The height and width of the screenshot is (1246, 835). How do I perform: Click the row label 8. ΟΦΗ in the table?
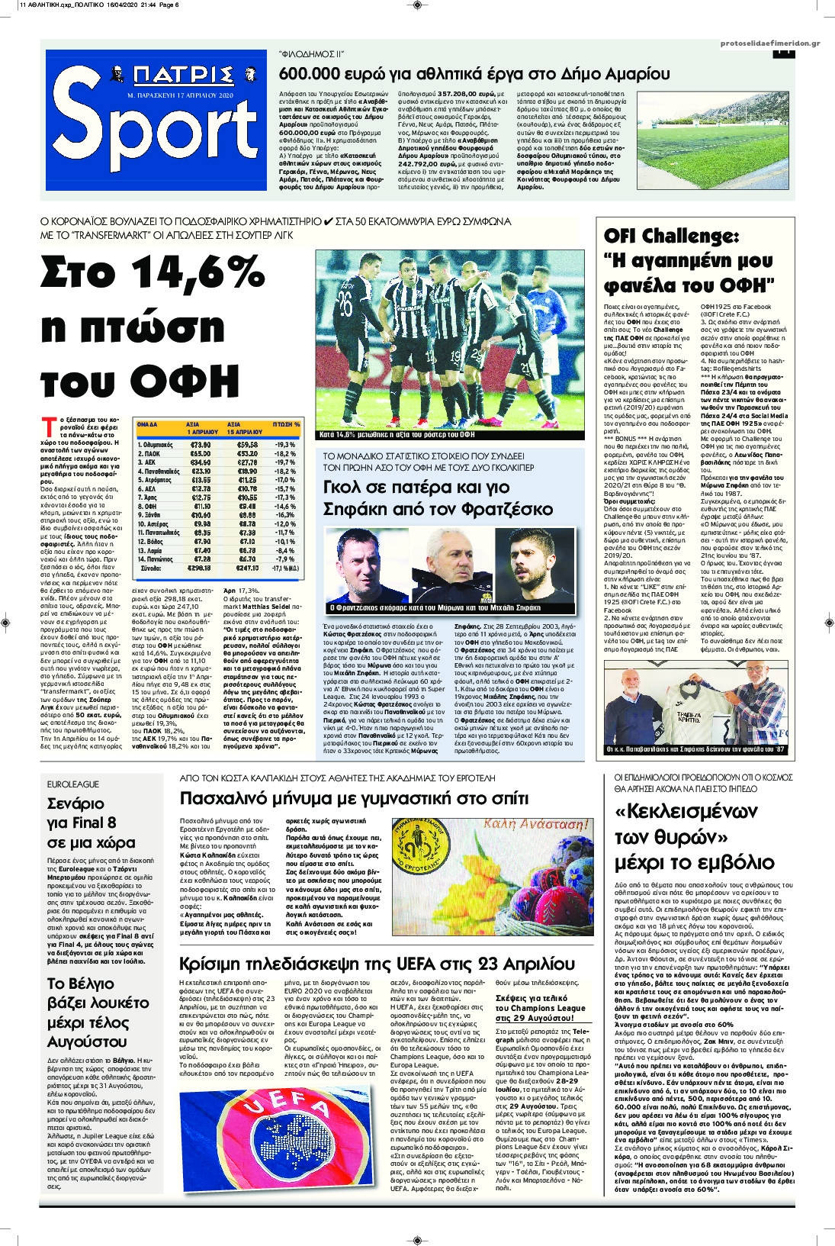point(147,506)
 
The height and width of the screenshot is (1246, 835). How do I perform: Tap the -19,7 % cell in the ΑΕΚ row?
point(284,462)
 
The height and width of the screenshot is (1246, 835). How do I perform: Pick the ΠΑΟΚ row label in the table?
point(149,453)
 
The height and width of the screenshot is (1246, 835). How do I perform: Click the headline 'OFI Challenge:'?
point(671,236)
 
